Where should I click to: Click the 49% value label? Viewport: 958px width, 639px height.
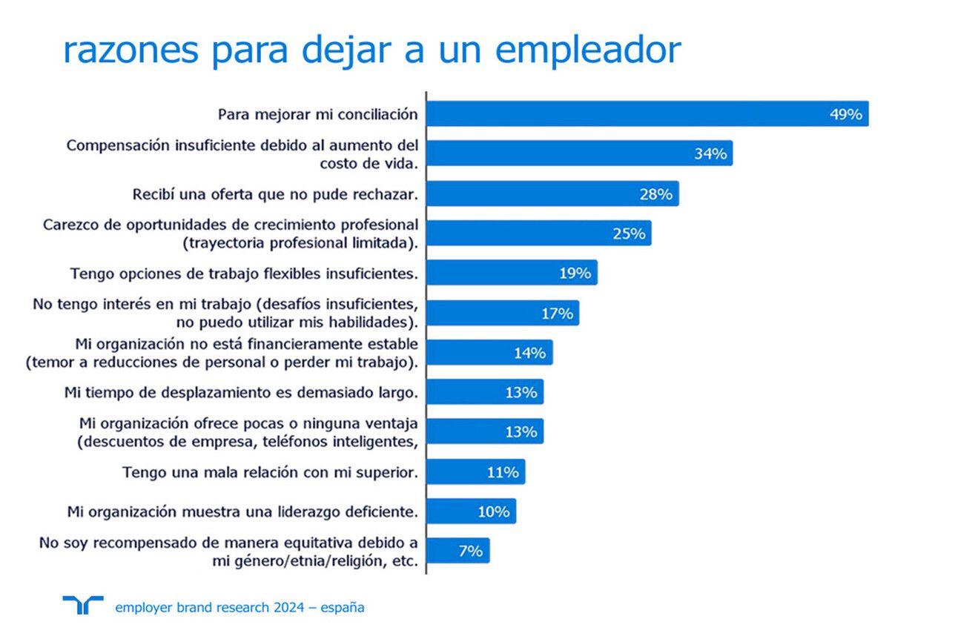845,114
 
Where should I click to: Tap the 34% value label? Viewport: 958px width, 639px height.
710,154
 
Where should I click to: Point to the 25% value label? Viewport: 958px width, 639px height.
629,234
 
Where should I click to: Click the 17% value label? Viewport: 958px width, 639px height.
557,314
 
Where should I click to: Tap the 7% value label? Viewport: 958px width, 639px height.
470,551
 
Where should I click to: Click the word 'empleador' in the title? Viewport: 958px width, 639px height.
587,50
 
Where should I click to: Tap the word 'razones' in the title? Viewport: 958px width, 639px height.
131,50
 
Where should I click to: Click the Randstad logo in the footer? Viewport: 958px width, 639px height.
83,605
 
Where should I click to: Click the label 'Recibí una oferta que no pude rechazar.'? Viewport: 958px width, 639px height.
275,194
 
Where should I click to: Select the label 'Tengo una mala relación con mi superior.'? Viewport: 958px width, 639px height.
270,471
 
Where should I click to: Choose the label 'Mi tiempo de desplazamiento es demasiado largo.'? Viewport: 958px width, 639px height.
241,392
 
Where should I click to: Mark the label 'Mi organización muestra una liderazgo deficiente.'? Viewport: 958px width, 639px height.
242,511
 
